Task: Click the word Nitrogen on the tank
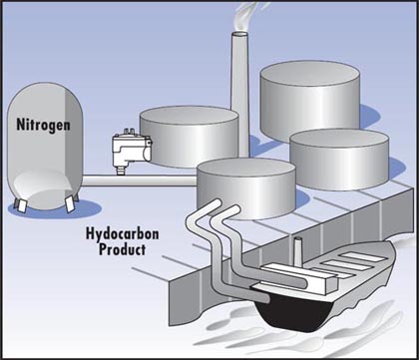point(43,125)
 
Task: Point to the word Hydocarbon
point(122,234)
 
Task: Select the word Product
point(123,249)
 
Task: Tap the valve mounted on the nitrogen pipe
point(132,151)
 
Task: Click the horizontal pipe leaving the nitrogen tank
point(140,180)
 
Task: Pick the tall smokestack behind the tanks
point(240,93)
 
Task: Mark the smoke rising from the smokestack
point(247,15)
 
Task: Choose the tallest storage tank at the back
point(310,100)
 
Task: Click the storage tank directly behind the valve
point(189,137)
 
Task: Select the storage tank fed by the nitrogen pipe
point(246,187)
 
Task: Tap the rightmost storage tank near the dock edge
point(339,159)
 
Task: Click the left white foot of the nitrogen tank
point(21,206)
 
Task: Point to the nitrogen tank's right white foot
point(70,204)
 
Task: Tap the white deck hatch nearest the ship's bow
point(363,256)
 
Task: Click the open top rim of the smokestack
point(240,34)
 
